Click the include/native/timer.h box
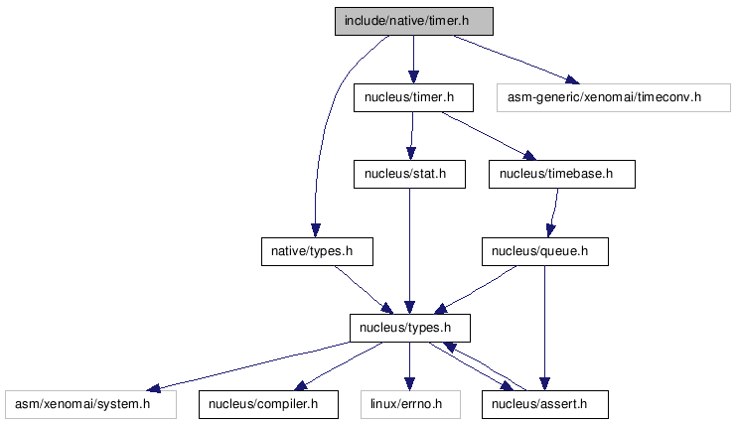[x=414, y=21]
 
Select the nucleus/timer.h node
[x=413, y=97]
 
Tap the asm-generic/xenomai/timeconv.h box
[x=614, y=97]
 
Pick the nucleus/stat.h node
[x=409, y=175]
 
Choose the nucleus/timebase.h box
[x=562, y=175]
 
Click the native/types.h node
[x=318, y=251]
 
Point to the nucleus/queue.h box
[x=545, y=251]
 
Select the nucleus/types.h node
[x=410, y=328]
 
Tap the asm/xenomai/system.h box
[x=91, y=404]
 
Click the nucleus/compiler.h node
[x=268, y=404]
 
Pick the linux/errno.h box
[x=410, y=404]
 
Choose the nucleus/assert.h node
[x=545, y=404]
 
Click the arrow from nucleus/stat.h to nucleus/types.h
[x=409, y=251]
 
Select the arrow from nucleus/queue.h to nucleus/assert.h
[x=544, y=328]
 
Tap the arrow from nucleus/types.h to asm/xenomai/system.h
[x=248, y=365]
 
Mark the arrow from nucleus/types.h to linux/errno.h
[x=409, y=366]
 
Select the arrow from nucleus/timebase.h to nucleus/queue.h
[x=554, y=213]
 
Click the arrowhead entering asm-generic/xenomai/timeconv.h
[x=573, y=79]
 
